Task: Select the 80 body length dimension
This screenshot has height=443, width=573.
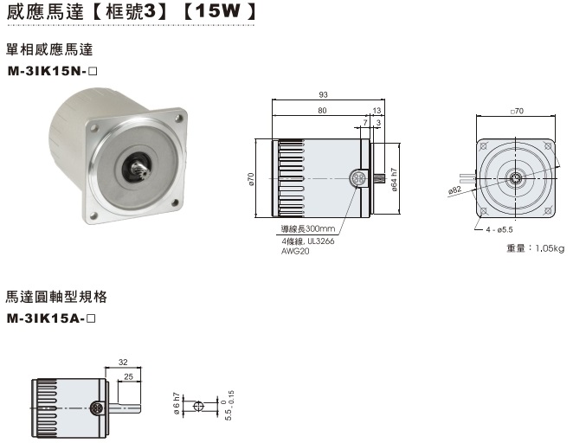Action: [321, 111]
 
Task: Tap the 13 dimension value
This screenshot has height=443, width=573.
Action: [376, 111]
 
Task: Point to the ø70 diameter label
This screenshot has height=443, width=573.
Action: [251, 178]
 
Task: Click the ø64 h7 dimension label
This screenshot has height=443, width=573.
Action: [393, 179]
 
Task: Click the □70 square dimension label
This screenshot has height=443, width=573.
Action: [517, 111]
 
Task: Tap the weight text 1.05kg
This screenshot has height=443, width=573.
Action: [535, 248]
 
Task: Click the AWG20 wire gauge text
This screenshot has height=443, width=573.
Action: [293, 251]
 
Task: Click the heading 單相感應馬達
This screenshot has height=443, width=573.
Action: [49, 52]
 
